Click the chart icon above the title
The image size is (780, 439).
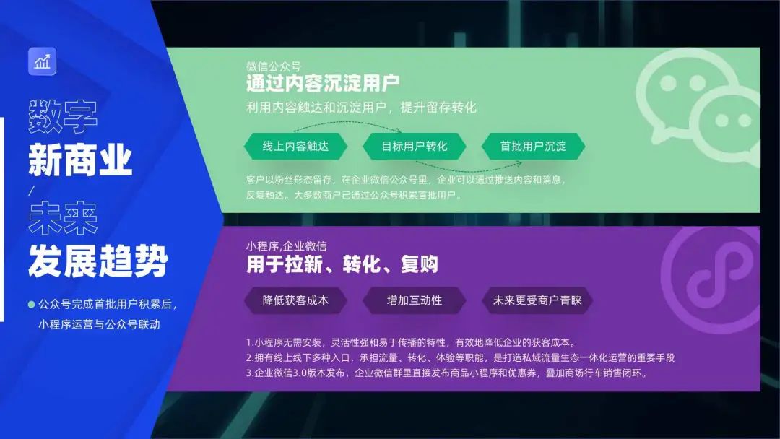click(42, 61)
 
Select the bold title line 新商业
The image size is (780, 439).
click(80, 160)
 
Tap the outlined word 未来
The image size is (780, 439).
click(63, 218)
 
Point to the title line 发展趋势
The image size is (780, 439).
click(98, 261)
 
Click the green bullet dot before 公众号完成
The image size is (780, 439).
click(31, 304)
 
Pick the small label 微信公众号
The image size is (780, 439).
click(274, 66)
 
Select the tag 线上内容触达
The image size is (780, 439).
click(295, 146)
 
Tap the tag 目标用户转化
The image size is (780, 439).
click(415, 146)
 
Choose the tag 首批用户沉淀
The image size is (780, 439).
click(533, 146)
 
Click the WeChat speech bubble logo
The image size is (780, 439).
click(699, 105)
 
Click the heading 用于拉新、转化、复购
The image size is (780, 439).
click(342, 264)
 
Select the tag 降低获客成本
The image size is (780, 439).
click(295, 300)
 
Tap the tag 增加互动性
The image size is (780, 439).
click(415, 300)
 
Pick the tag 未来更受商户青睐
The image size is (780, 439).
click(537, 300)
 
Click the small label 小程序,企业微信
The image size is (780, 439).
click(287, 246)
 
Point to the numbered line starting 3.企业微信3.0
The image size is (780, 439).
click(446, 373)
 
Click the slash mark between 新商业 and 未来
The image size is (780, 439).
click(31, 191)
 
